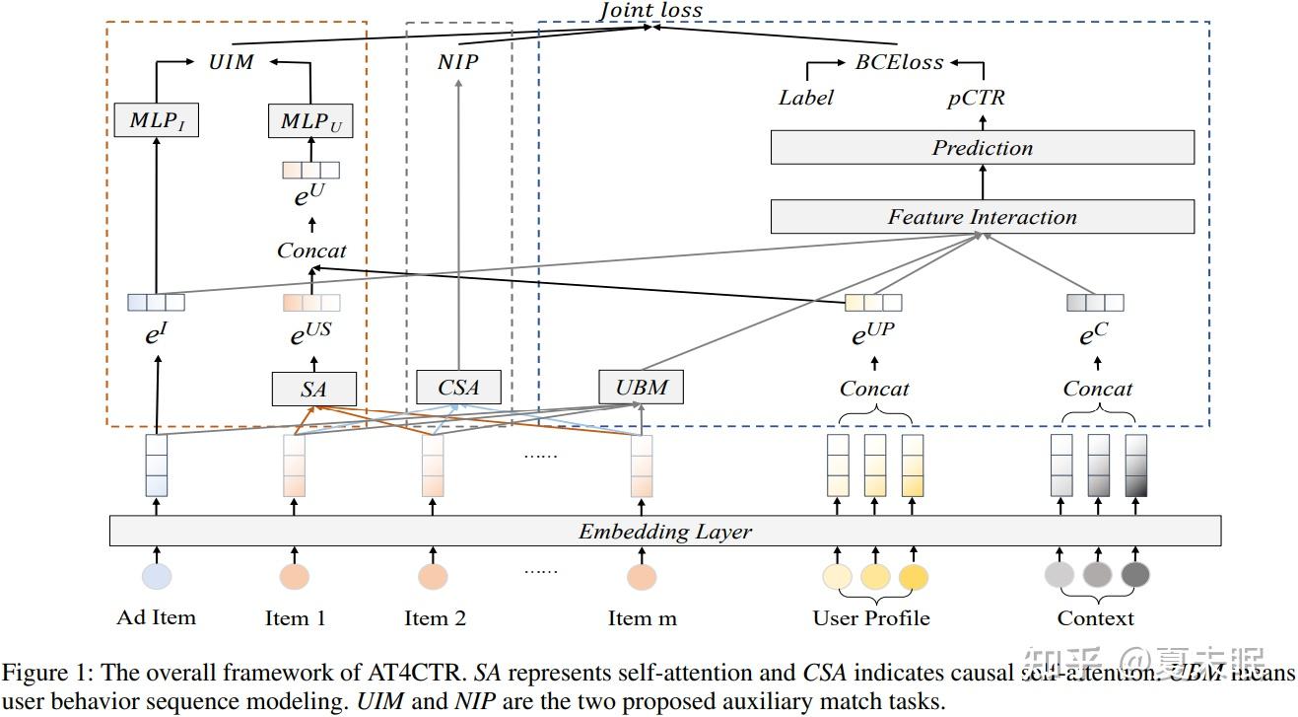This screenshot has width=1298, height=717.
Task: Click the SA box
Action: tap(313, 390)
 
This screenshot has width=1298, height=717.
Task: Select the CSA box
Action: tap(458, 388)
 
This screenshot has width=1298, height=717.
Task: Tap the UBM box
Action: tap(642, 387)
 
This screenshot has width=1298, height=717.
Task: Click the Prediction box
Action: tap(982, 148)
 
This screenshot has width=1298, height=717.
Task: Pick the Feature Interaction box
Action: tap(982, 217)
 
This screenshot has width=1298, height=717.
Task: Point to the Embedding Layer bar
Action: tap(664, 532)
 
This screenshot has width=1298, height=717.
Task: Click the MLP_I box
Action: tap(157, 121)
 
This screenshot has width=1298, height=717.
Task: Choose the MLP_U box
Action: tap(310, 121)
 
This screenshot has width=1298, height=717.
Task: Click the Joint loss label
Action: tap(651, 10)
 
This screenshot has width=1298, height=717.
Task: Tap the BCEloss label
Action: tap(899, 62)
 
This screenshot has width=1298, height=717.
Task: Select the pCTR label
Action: tap(976, 98)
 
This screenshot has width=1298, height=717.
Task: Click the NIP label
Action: tap(458, 62)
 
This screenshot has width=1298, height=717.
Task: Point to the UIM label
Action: tap(232, 62)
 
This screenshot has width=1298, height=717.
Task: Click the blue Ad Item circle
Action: tap(157, 576)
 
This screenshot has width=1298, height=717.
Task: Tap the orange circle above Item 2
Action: tap(433, 576)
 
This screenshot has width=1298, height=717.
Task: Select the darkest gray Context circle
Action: tap(1134, 574)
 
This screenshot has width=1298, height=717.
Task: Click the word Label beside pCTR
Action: tap(805, 98)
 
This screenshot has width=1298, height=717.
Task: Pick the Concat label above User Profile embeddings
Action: tap(874, 389)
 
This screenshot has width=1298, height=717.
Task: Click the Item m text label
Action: tap(643, 618)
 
